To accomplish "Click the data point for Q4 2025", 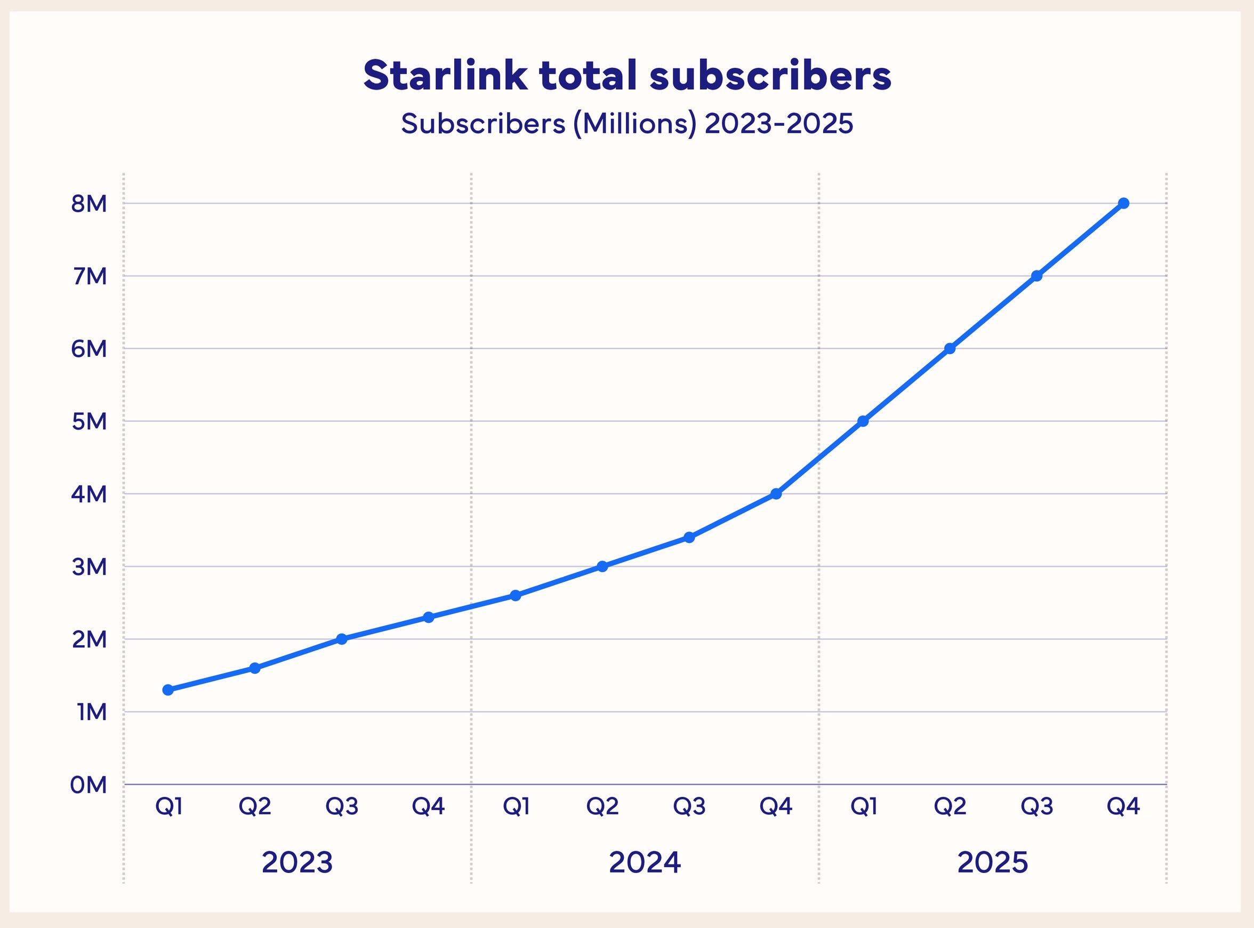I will click(x=1123, y=203).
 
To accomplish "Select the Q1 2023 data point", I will click(x=168, y=690).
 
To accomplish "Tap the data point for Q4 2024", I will click(x=776, y=494).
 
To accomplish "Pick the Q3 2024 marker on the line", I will click(x=689, y=538).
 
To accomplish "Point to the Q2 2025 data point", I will click(x=950, y=348).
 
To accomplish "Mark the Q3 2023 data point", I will click(x=341, y=639).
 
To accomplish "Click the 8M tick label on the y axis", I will click(x=89, y=204).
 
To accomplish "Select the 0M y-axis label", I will click(x=88, y=785).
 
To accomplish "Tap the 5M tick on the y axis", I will click(x=89, y=421).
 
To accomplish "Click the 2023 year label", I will click(x=297, y=862).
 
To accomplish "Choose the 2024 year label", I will click(x=645, y=862).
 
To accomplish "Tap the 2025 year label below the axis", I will click(x=992, y=862).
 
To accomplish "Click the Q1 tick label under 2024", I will click(x=516, y=806).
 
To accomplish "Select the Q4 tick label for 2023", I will click(x=429, y=806).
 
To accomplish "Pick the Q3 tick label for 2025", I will click(x=1036, y=806).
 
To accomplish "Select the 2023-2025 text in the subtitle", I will click(x=779, y=124).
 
